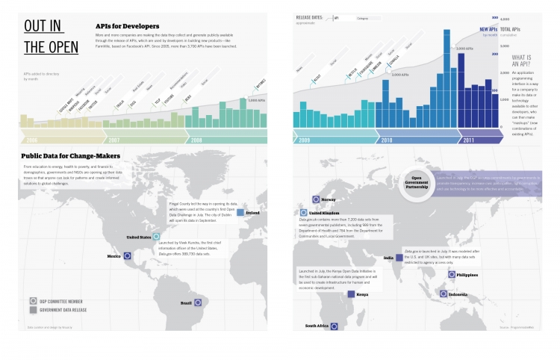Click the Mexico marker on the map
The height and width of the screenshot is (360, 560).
click(127, 255)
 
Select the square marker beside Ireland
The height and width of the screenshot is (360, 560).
click(240, 213)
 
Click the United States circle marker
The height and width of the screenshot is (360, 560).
click(156, 237)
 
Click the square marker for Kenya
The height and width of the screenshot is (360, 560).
click(350, 294)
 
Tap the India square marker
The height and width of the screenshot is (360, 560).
click(399, 258)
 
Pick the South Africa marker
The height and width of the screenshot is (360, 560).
click(334, 326)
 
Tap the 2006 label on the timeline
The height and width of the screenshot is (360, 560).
click(31, 139)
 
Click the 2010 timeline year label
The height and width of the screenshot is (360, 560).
click(387, 139)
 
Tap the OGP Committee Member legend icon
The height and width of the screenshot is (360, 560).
click(34, 300)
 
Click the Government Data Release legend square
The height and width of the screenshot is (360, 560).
click(34, 308)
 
